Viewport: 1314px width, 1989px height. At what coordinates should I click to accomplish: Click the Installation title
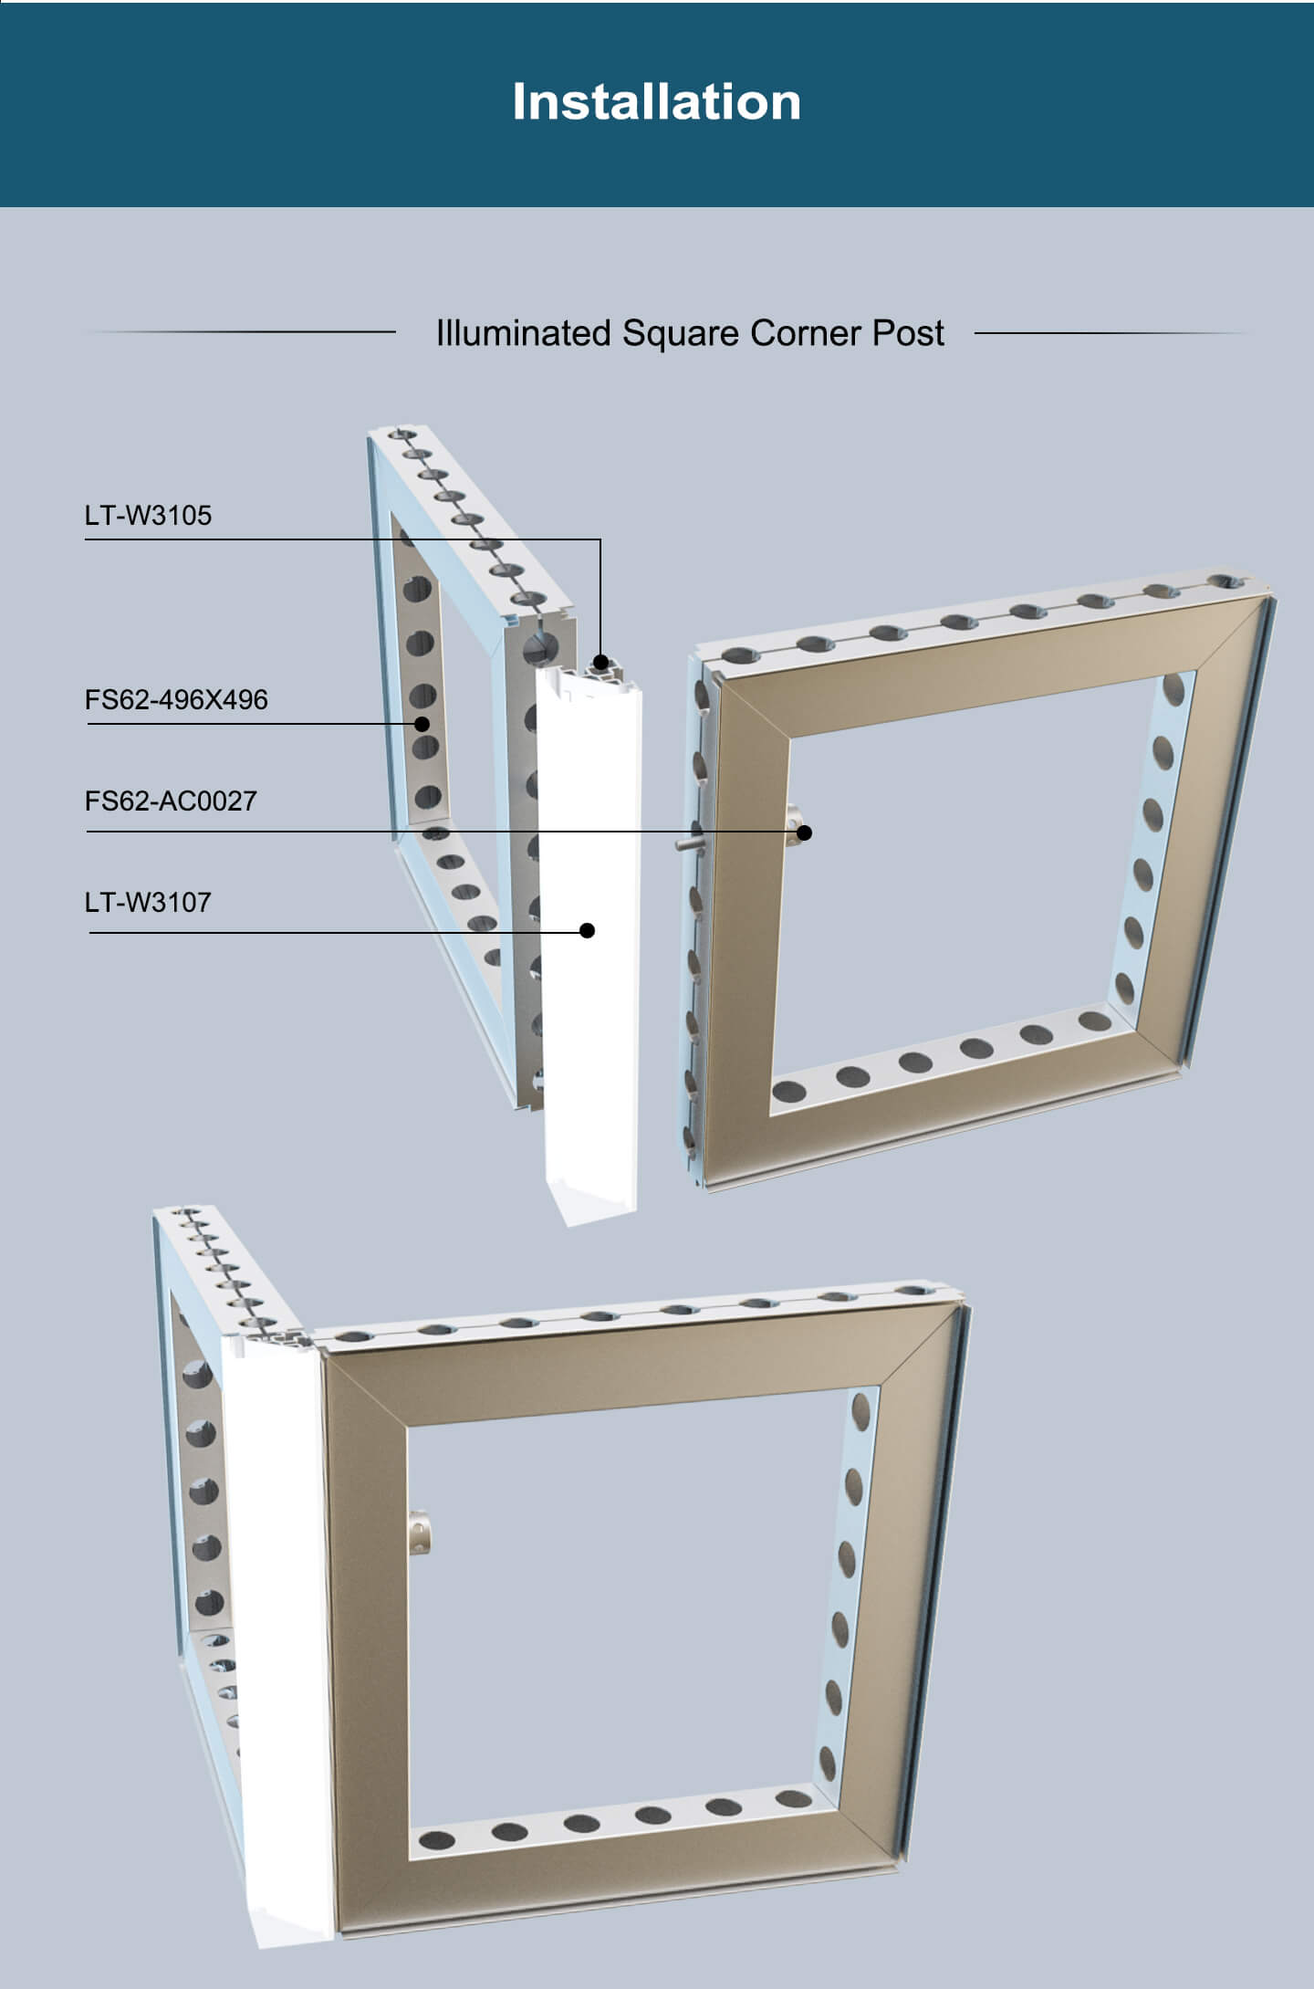(x=656, y=101)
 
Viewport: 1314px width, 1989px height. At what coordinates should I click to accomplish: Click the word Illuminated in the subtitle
(x=523, y=333)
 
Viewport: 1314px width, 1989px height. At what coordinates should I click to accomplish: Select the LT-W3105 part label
(x=148, y=516)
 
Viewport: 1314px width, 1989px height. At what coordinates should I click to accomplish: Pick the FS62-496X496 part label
(x=176, y=700)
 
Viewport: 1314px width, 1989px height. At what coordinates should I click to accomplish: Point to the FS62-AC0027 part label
(x=171, y=801)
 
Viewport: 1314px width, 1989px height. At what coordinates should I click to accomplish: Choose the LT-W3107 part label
(x=148, y=903)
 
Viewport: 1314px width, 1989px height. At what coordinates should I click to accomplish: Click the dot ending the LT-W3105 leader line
(x=600, y=662)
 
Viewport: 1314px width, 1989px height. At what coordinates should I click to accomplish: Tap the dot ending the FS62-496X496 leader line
(x=422, y=724)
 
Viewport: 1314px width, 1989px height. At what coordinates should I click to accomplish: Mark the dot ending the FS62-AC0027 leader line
(x=804, y=832)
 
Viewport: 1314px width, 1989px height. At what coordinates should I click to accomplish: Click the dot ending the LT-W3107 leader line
(x=588, y=930)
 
